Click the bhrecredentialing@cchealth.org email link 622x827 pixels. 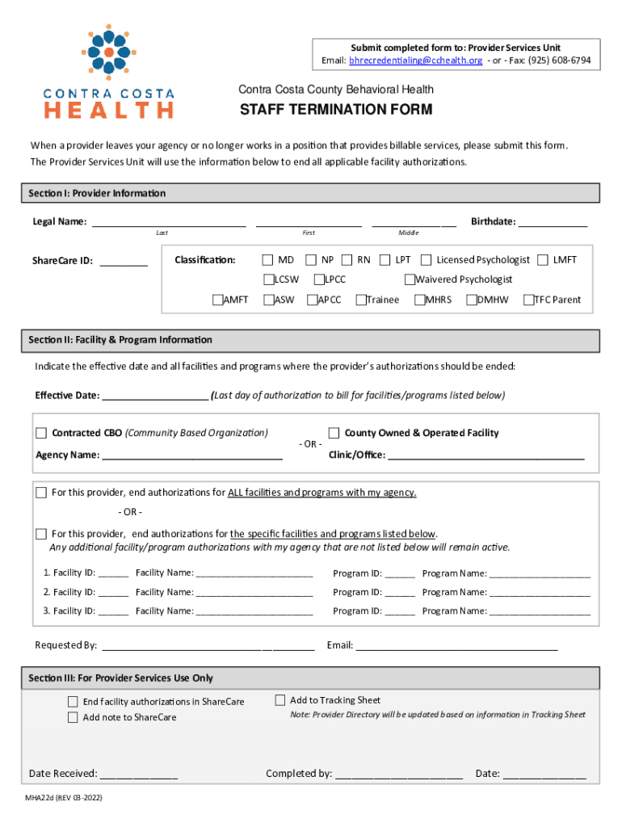click(x=415, y=61)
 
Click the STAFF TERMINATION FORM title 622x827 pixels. click(x=335, y=110)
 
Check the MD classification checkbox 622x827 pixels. click(x=267, y=260)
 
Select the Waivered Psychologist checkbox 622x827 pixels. click(x=410, y=279)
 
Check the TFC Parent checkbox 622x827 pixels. click(x=528, y=300)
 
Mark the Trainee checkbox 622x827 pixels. click(x=360, y=300)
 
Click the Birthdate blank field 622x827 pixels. click(x=553, y=223)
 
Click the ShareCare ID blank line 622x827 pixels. click(x=124, y=262)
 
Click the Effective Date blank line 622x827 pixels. click(x=155, y=396)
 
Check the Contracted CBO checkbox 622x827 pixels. click(x=41, y=433)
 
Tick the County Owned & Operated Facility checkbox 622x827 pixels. click(x=334, y=433)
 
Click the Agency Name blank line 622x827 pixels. click(x=192, y=455)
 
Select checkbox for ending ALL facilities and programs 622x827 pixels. click(x=41, y=493)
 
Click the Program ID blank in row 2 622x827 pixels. click(x=400, y=593)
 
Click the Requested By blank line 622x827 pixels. click(x=208, y=646)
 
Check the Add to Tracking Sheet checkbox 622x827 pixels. click(x=280, y=700)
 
